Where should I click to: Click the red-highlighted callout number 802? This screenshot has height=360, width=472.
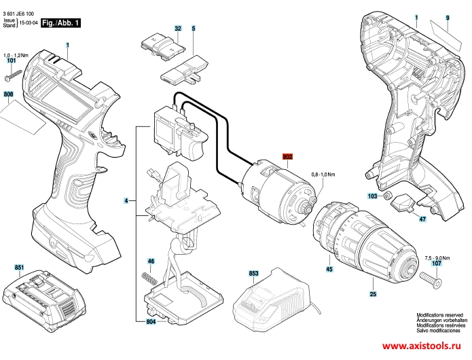pyautogui.click(x=287, y=157)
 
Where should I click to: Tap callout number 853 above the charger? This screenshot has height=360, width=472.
pyautogui.click(x=254, y=273)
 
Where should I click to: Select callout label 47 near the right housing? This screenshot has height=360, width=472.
pyautogui.click(x=422, y=219)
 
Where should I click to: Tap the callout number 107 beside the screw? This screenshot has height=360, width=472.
pyautogui.click(x=437, y=263)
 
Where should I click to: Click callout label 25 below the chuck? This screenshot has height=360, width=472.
pyautogui.click(x=373, y=294)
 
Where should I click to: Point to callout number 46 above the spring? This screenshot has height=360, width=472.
pyautogui.click(x=151, y=262)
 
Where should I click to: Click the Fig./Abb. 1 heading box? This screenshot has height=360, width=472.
pyautogui.click(x=60, y=23)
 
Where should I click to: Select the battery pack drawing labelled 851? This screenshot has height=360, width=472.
pyautogui.click(x=41, y=300)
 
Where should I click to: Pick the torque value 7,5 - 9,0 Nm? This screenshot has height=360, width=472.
pyautogui.click(x=437, y=257)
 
